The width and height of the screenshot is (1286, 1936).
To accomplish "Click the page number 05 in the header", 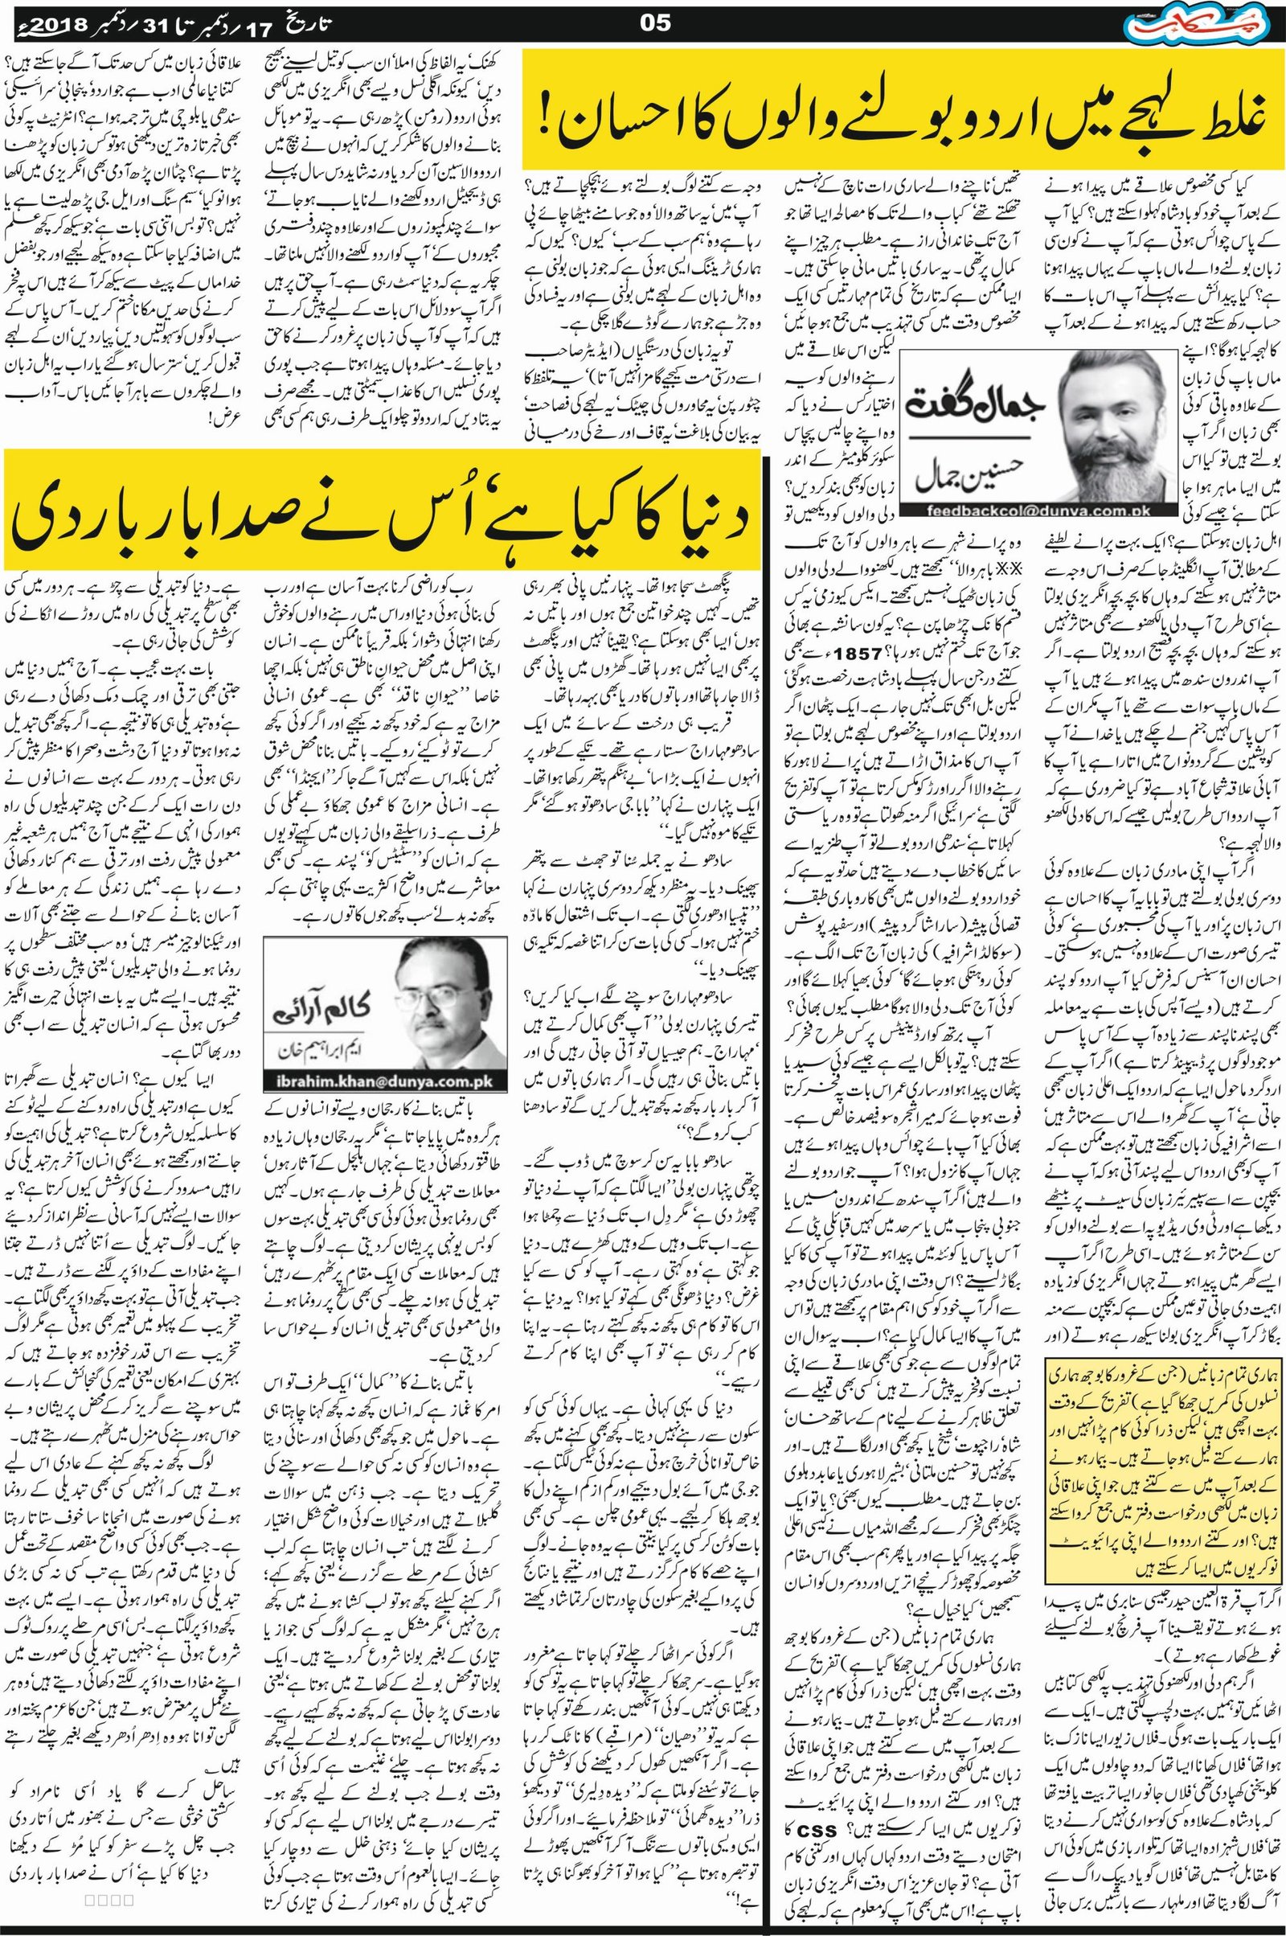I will (655, 23).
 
